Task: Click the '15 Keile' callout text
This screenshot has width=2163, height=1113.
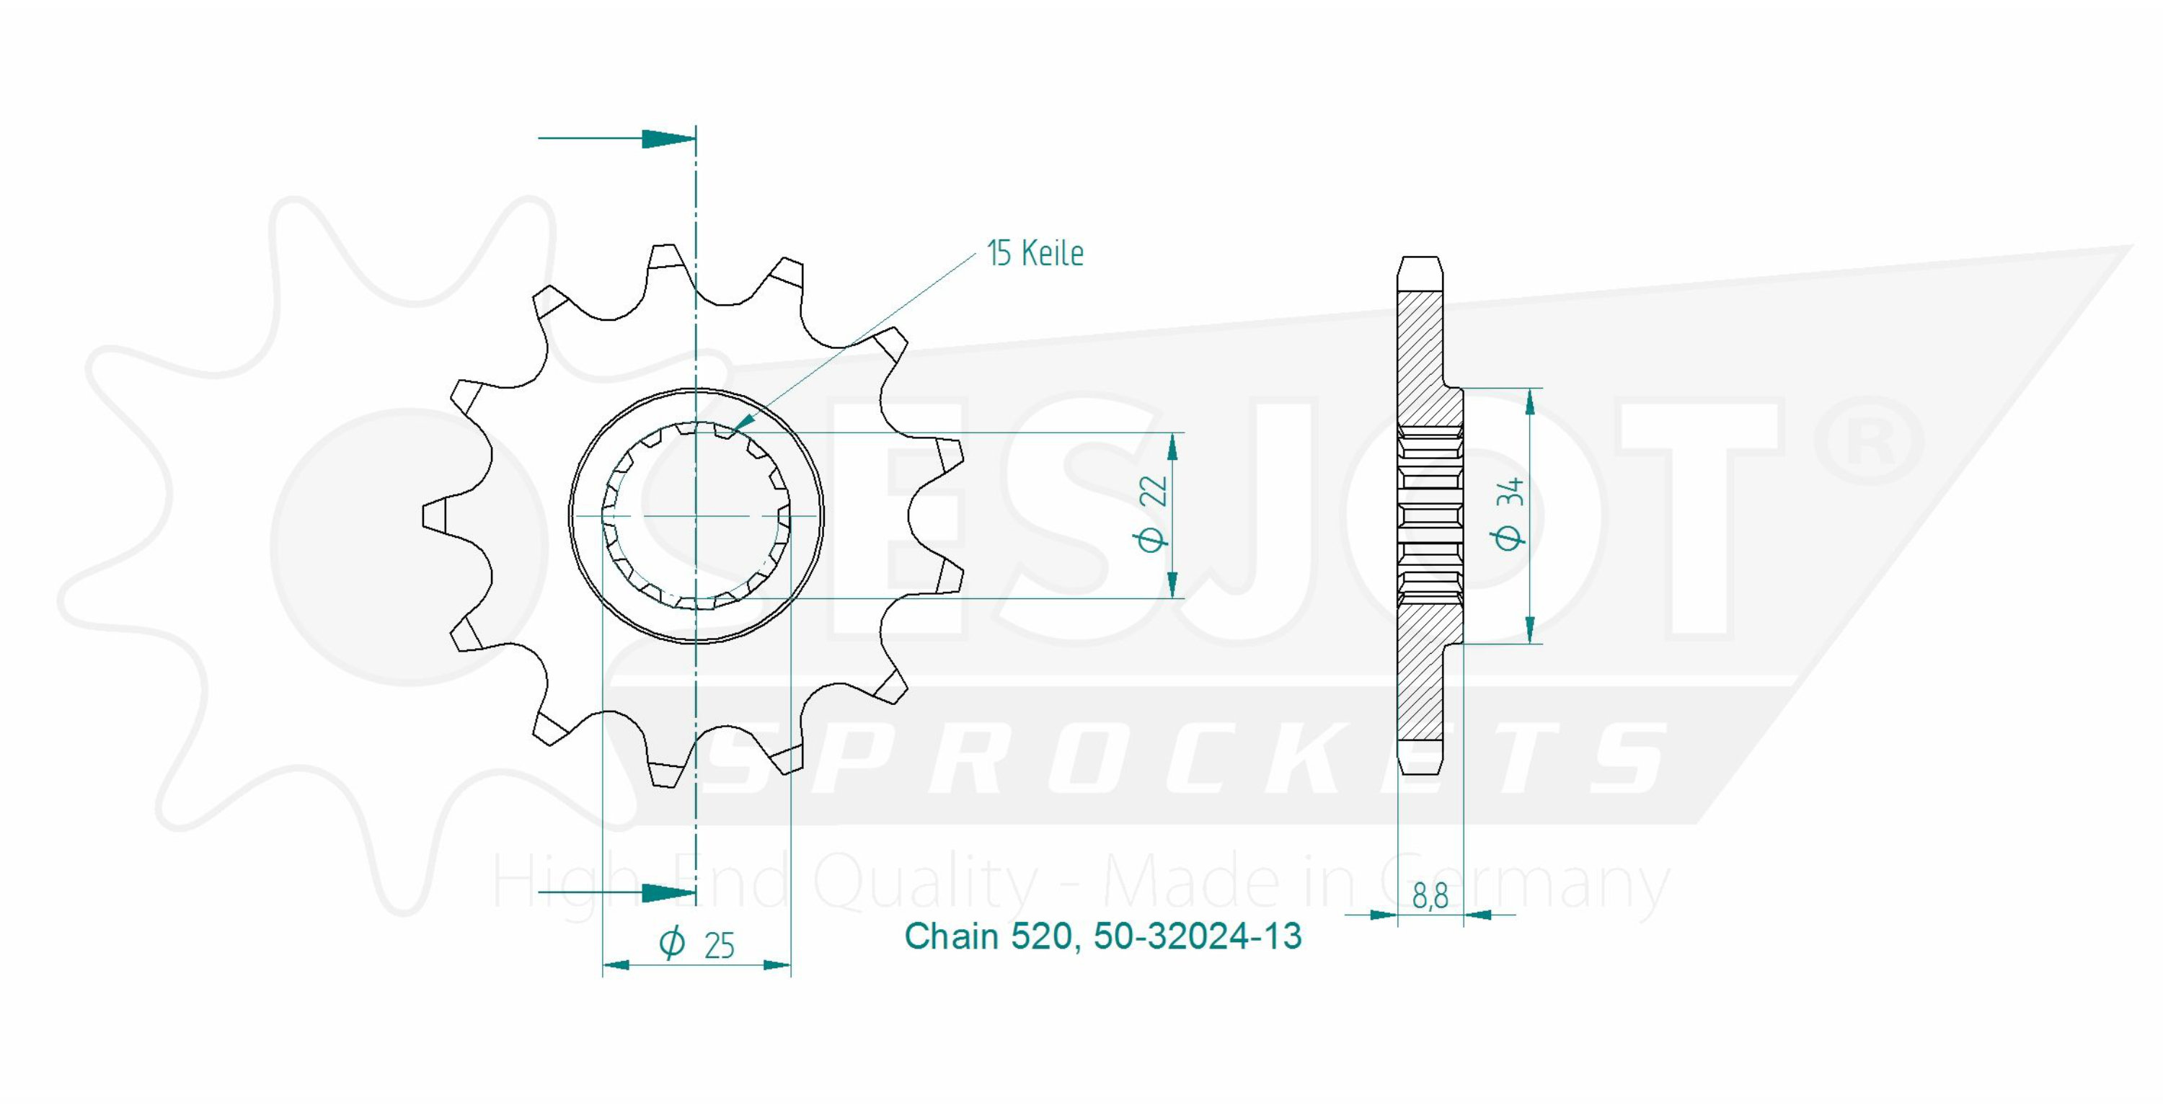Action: (1035, 254)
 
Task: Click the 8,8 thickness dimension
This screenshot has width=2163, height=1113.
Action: (1430, 897)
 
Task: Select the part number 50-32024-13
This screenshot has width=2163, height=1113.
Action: (1198, 936)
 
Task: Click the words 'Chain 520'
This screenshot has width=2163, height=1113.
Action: (988, 936)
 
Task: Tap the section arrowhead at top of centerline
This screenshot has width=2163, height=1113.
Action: (668, 138)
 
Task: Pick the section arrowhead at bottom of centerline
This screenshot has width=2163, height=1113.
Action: (668, 893)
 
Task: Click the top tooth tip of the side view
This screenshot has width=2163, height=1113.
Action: (1420, 257)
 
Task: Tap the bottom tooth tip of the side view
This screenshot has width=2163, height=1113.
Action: (1420, 771)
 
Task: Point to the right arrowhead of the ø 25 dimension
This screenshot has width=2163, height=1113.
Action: (777, 965)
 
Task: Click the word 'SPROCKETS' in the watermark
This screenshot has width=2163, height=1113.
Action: (1184, 760)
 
